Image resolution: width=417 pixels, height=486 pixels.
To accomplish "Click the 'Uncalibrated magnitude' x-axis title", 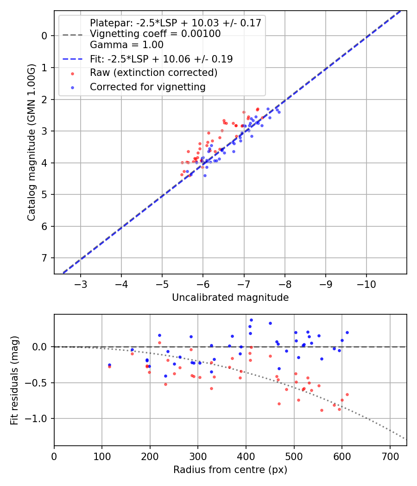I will click(230, 298).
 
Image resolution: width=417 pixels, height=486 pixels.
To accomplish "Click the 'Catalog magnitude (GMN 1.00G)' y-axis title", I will click(31, 143).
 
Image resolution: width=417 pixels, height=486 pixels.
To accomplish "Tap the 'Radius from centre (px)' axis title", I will click(230, 470).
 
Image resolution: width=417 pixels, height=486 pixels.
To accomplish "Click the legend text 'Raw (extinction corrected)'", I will click(153, 73).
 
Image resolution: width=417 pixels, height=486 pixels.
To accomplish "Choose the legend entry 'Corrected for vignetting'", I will click(147, 87).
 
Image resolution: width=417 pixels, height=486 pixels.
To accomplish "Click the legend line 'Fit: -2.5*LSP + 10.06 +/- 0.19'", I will click(161, 59).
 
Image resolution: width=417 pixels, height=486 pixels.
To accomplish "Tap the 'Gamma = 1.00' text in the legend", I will click(126, 45).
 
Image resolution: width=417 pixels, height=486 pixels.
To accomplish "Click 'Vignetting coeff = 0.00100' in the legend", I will click(155, 34).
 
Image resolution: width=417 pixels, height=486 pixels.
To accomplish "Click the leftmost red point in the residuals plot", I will click(109, 367).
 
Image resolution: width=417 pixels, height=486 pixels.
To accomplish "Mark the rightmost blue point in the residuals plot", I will click(347, 332).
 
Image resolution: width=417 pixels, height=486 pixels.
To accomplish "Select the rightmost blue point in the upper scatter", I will click(279, 112).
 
